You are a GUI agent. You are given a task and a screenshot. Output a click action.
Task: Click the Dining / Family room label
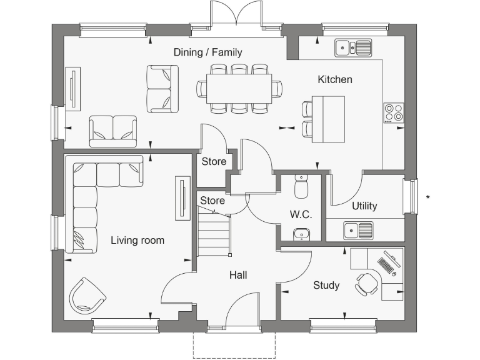click(207, 52)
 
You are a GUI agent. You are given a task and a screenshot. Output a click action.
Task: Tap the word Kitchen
click(335, 79)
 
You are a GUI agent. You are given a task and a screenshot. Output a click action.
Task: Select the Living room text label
click(137, 240)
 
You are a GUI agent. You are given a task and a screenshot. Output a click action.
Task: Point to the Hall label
click(237, 275)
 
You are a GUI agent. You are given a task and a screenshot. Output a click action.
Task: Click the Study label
click(326, 286)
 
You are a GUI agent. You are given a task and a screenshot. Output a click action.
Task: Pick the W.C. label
click(301, 214)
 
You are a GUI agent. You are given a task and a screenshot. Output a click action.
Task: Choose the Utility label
click(364, 206)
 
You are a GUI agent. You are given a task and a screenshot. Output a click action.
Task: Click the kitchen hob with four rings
click(393, 112)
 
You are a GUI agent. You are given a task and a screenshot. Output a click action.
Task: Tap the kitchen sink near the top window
click(353, 47)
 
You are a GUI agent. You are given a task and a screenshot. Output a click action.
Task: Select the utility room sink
click(358, 231)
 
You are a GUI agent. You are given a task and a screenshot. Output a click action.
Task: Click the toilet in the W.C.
click(301, 185)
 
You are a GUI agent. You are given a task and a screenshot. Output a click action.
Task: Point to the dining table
click(239, 87)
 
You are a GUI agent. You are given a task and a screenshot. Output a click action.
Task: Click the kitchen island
click(328, 119)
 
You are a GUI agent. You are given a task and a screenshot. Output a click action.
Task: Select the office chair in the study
click(366, 283)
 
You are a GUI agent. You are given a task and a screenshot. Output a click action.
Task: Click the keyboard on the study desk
click(387, 265)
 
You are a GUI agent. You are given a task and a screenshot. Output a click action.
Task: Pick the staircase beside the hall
click(214, 234)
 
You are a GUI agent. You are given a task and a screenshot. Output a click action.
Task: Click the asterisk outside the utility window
click(427, 198)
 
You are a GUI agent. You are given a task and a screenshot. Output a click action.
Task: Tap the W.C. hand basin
click(301, 234)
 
